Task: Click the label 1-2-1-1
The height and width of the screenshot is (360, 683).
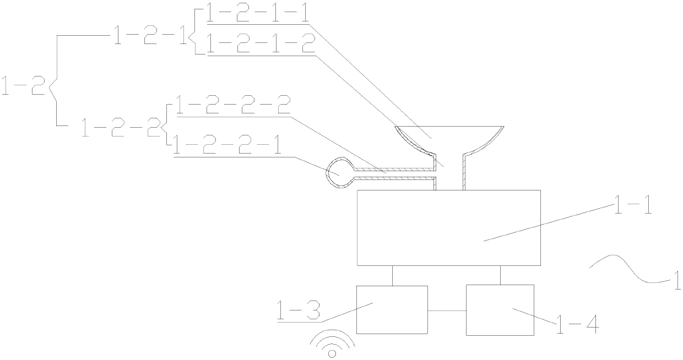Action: click(x=257, y=13)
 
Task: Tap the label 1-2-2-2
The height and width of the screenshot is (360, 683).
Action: click(x=232, y=106)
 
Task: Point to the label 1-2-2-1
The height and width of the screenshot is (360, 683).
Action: click(x=226, y=146)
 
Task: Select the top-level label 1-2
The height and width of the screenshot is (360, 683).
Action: click(x=23, y=87)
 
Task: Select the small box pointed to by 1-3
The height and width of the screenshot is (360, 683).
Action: click(x=392, y=309)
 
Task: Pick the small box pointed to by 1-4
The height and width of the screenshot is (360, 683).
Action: click(x=500, y=309)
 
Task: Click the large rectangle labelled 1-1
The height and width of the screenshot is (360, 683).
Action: click(x=448, y=227)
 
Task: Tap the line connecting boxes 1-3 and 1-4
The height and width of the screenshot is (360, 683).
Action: click(x=447, y=311)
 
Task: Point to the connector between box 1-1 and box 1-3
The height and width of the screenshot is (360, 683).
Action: click(x=393, y=275)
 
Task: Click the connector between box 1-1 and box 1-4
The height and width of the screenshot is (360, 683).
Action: click(x=500, y=275)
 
